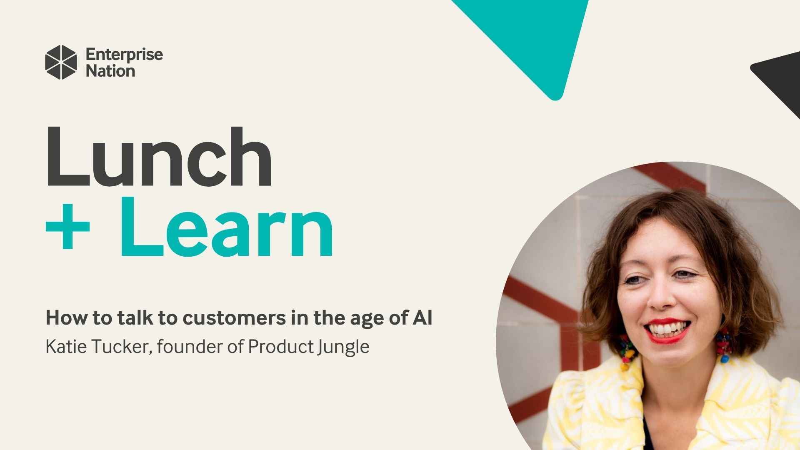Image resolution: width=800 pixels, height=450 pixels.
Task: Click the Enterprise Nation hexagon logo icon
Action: click(x=61, y=62)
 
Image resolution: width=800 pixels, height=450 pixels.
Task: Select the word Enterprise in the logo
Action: click(x=124, y=55)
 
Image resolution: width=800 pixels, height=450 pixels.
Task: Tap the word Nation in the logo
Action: click(x=110, y=71)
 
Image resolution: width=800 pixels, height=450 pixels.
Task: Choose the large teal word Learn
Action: click(x=227, y=227)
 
